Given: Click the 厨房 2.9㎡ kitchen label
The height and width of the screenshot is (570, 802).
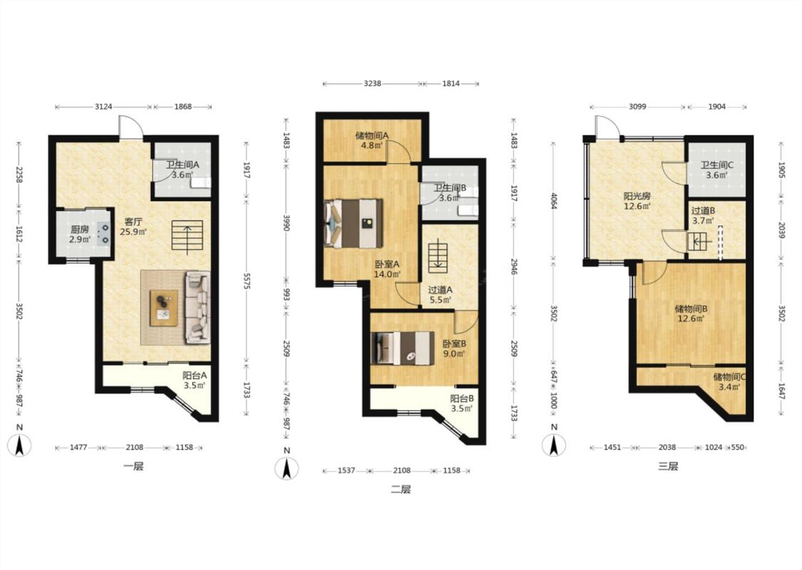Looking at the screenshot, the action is click(x=81, y=234).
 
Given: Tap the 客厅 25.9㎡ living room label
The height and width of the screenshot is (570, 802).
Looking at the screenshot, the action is click(x=133, y=227).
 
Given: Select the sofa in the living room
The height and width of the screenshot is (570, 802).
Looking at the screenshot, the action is click(x=198, y=306).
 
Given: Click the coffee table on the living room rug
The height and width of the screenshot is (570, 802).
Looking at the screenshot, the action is click(x=164, y=308).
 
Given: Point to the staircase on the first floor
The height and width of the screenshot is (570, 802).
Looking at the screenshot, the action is click(x=187, y=238).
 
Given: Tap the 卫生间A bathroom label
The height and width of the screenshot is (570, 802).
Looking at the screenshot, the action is click(x=182, y=165).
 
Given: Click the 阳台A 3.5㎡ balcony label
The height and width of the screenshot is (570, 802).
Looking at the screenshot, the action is click(x=195, y=380).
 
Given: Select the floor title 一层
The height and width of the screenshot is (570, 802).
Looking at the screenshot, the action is click(x=133, y=466).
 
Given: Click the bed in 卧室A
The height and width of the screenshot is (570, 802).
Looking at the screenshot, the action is click(x=353, y=224).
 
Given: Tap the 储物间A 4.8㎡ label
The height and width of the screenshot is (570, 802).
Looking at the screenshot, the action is click(x=372, y=140).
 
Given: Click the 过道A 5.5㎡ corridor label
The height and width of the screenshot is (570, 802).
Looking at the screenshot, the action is click(x=440, y=295).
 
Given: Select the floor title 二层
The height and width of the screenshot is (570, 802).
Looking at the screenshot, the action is click(x=401, y=489).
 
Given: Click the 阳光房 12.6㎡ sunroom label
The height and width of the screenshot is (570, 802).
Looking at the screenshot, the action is click(x=637, y=201).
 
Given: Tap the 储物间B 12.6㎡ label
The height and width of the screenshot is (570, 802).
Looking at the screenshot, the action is click(x=691, y=313).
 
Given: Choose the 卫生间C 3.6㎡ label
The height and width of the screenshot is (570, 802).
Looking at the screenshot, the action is click(x=716, y=170).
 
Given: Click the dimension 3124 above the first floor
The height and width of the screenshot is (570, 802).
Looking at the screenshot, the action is click(x=104, y=106).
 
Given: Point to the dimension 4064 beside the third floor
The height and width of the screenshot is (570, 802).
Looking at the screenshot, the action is click(x=554, y=200).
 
